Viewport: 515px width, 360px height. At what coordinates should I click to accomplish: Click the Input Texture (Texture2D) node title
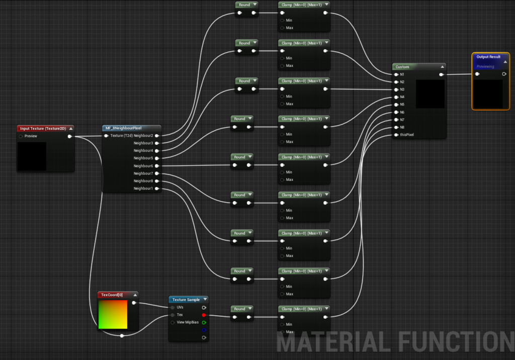[43, 128]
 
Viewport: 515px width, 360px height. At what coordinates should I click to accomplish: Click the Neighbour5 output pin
[157, 158]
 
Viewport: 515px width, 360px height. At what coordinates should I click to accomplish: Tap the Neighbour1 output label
[143, 189]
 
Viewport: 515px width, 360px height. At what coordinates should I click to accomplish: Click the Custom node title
[402, 67]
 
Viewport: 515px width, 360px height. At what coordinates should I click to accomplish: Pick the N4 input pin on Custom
[396, 97]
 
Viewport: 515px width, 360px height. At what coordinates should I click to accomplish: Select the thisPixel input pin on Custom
[396, 135]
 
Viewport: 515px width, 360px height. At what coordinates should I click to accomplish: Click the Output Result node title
[488, 57]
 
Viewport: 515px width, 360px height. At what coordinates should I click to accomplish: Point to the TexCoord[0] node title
[112, 295]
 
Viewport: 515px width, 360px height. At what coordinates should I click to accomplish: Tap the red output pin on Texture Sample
[204, 315]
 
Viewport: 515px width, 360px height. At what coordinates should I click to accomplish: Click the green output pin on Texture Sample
[204, 323]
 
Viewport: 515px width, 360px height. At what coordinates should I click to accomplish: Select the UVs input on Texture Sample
[173, 307]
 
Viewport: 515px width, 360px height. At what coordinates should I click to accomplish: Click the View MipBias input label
[188, 322]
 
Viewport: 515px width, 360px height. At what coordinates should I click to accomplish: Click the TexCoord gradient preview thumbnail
[113, 314]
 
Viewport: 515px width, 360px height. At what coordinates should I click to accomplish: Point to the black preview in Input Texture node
[32, 156]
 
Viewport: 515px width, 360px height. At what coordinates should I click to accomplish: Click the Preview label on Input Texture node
[31, 136]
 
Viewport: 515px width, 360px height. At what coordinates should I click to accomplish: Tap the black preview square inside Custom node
[431, 94]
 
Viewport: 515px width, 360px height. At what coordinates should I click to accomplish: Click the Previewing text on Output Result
[485, 67]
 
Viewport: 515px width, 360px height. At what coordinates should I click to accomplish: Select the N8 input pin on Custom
[396, 127]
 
